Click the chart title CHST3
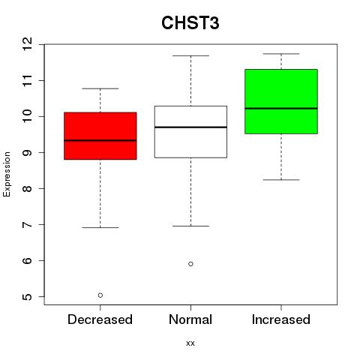point(190,23)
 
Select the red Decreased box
point(100,136)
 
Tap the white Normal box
point(190,132)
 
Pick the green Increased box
point(281,101)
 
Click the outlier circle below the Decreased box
point(100,295)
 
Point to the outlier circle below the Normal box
point(190,264)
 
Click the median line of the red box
point(100,140)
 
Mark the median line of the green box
point(281,109)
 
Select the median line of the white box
point(190,127)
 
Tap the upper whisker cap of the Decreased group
point(100,88)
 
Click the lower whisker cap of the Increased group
point(281,180)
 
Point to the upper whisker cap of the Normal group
point(190,55)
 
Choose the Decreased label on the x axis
point(100,319)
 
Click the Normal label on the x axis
point(190,319)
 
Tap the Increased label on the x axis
point(281,319)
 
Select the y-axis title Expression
point(7,174)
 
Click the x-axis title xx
point(190,343)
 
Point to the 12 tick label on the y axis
point(27,44)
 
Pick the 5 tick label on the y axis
point(27,297)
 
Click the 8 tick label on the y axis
point(27,188)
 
